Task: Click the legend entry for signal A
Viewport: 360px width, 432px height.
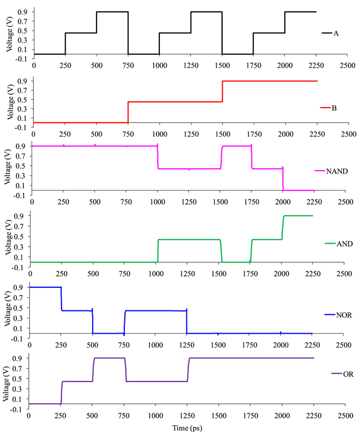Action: (330, 33)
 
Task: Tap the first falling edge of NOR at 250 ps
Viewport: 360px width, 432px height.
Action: (61, 299)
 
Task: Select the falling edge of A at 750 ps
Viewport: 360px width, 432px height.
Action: (128, 33)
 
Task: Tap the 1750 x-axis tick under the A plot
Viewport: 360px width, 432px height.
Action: (253, 64)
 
